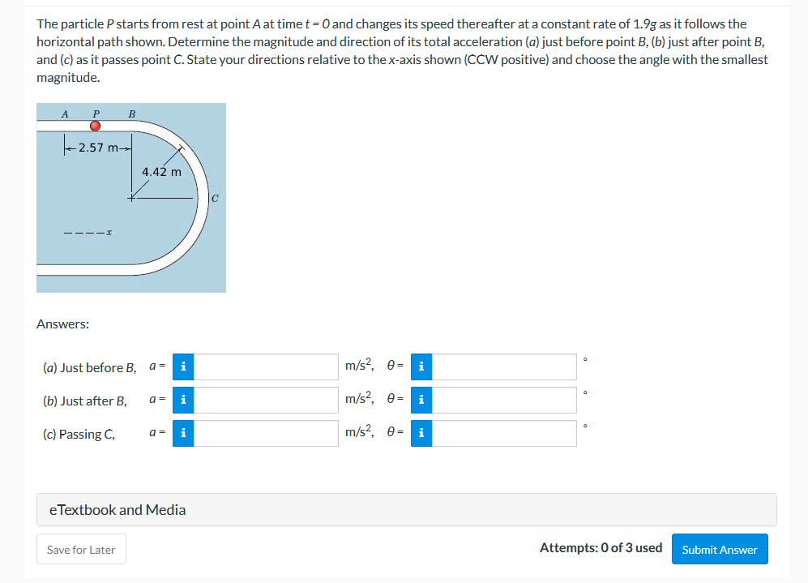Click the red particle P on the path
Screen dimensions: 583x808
[x=95, y=126]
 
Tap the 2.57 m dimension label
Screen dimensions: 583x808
[x=98, y=147]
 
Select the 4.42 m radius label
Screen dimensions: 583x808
[x=161, y=171]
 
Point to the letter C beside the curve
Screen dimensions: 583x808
[x=215, y=197]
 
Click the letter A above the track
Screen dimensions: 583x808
[x=65, y=114]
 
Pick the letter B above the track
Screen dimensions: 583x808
[x=131, y=114]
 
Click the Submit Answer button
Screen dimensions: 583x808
[x=719, y=549]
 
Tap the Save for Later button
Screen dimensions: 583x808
[x=81, y=549]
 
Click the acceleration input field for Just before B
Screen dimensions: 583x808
[x=266, y=367]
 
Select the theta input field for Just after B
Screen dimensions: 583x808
[x=503, y=400]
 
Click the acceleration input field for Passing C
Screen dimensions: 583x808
[x=266, y=433]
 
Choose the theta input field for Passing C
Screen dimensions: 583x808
[x=503, y=433]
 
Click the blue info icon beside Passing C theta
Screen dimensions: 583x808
[x=421, y=433]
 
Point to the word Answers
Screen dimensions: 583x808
[x=63, y=324]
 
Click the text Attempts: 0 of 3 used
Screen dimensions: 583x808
[x=601, y=547]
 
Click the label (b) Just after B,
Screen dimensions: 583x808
[x=85, y=401]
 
